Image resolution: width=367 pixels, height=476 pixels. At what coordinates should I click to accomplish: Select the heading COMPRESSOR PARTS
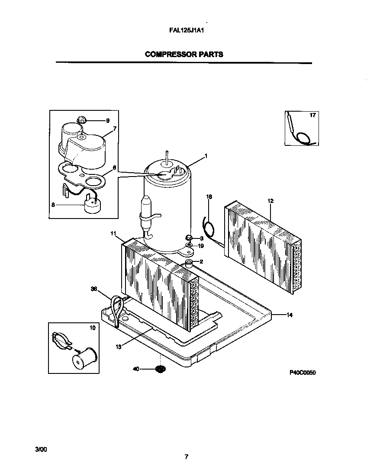(x=184, y=55)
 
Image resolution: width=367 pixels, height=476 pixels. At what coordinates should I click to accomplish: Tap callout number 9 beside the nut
(x=107, y=121)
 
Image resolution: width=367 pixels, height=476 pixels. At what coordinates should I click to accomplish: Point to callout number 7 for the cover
(x=115, y=129)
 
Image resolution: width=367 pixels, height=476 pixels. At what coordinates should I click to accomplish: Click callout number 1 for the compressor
(x=206, y=156)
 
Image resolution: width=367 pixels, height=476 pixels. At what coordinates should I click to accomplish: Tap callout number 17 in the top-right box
(x=312, y=116)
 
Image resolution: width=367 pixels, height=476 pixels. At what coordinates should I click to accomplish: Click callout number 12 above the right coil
(x=270, y=201)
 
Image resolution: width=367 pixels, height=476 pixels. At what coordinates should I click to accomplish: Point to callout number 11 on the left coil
(x=113, y=234)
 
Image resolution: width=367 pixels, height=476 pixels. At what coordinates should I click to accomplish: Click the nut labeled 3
(x=189, y=238)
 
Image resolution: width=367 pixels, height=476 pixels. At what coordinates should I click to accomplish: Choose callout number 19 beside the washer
(x=201, y=246)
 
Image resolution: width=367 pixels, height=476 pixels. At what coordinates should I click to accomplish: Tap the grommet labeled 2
(x=189, y=263)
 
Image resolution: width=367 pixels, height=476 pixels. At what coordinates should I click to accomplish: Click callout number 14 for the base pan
(x=290, y=315)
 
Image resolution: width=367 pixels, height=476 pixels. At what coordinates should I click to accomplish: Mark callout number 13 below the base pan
(x=118, y=346)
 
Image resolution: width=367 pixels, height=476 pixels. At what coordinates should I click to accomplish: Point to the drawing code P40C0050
(x=303, y=372)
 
